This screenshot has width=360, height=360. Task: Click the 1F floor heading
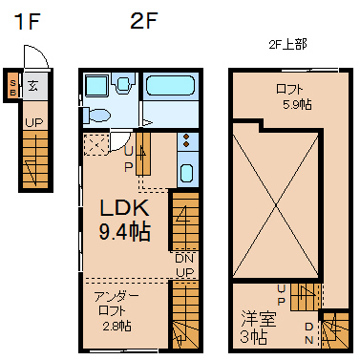(27, 22)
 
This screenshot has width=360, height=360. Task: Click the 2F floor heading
(144, 21)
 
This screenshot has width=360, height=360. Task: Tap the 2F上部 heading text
(287, 45)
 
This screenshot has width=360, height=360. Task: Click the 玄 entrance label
(32, 85)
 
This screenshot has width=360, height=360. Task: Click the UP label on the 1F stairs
(34, 122)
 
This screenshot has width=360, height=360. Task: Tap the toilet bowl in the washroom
(96, 115)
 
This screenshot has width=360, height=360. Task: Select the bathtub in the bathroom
(170, 85)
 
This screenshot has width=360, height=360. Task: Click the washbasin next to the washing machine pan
(123, 83)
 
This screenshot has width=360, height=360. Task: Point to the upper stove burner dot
(186, 138)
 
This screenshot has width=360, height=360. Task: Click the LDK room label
(125, 207)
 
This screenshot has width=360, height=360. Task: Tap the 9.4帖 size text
(125, 231)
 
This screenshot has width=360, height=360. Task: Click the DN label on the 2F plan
(184, 259)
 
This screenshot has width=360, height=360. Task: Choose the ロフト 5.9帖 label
(293, 96)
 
